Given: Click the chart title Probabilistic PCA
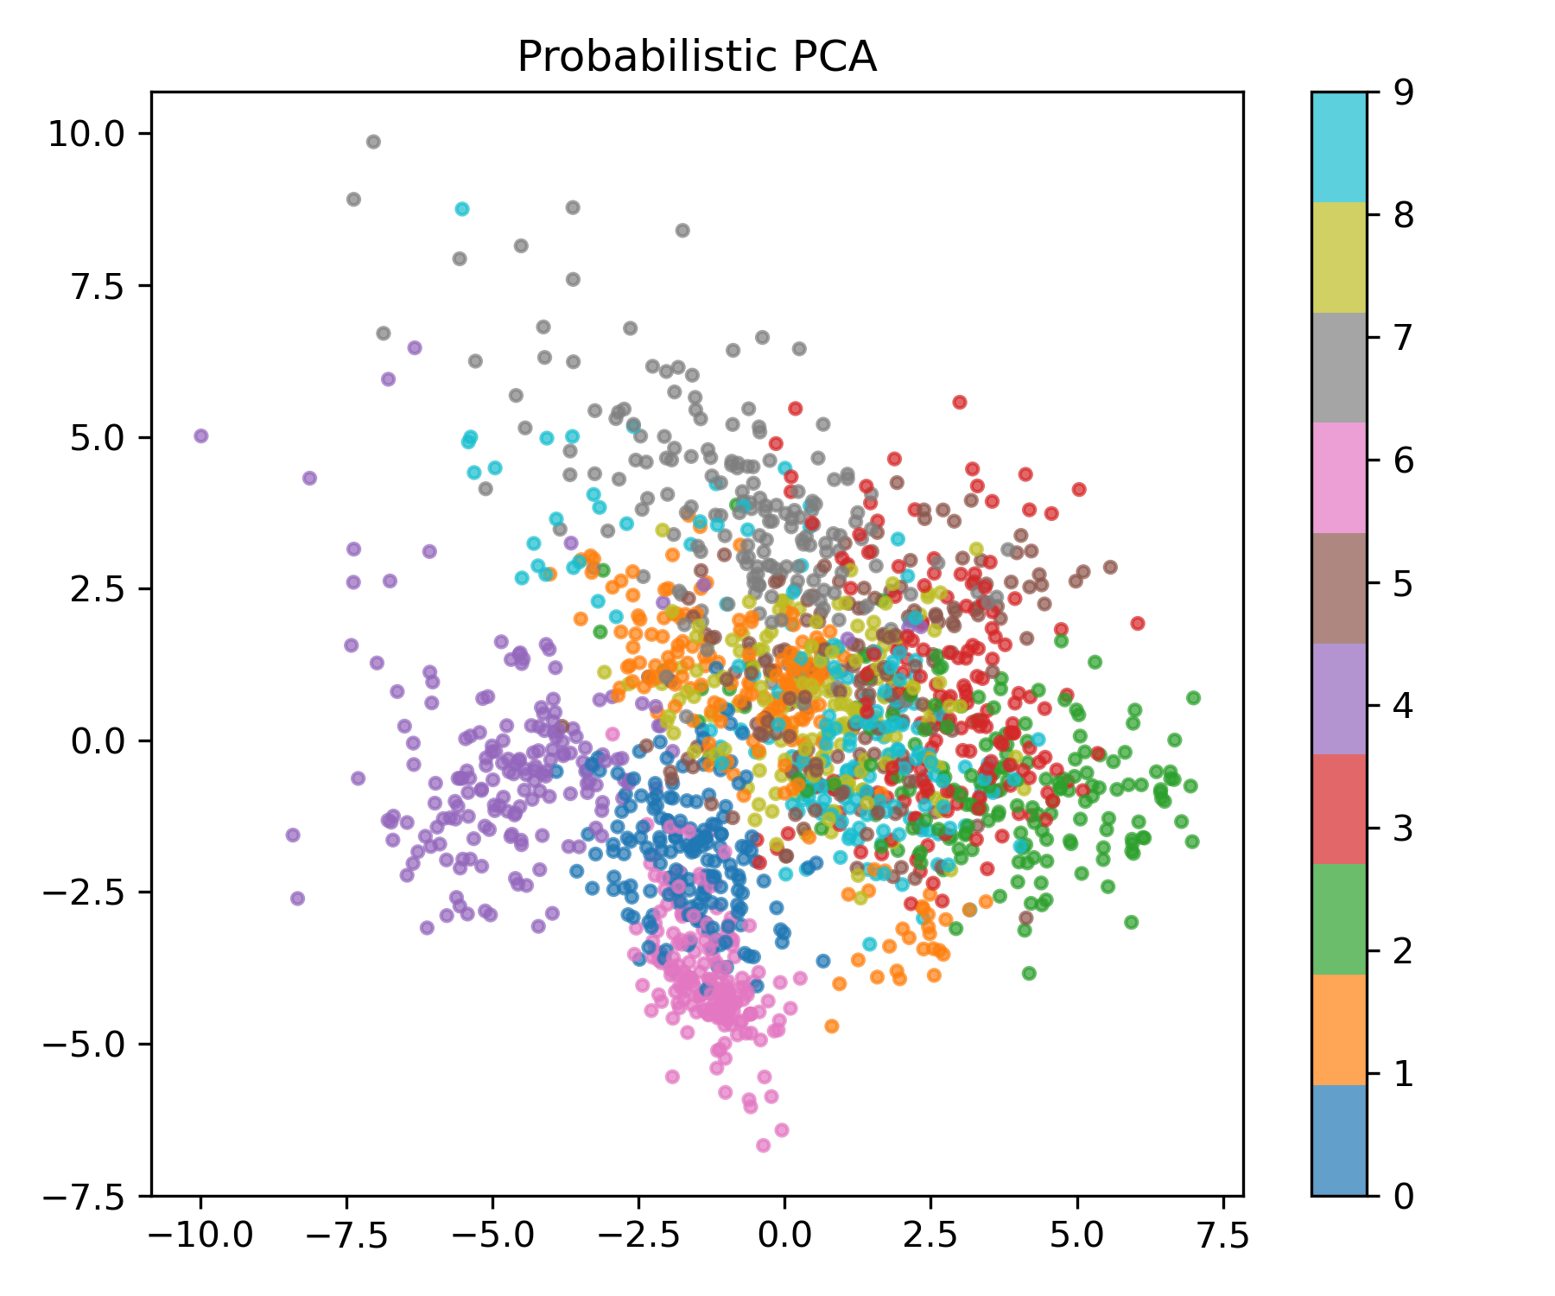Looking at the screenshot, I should click(696, 57).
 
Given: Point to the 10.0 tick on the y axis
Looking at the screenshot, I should click(86, 134).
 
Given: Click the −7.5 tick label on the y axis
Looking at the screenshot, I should click(86, 1197).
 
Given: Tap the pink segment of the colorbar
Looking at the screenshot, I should click(1339, 478).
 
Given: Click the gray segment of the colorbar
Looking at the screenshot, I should click(1339, 367).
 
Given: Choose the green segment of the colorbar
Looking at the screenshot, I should click(1339, 919).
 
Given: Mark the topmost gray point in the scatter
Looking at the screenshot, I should click(373, 142).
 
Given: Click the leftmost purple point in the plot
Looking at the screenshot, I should click(201, 435).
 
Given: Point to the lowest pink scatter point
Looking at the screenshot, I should click(763, 1146).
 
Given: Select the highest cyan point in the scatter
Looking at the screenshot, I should click(462, 209).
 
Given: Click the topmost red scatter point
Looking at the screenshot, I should click(959, 402).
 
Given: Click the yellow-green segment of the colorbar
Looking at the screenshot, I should click(1339, 257).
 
